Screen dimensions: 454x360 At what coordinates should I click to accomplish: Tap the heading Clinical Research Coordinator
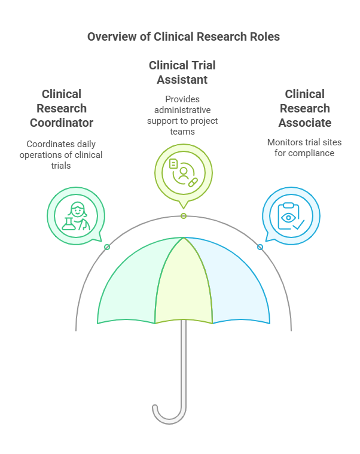(x=62, y=108)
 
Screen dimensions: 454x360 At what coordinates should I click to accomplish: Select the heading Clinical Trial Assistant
(x=182, y=72)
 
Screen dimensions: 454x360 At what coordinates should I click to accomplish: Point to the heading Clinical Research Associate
(x=304, y=108)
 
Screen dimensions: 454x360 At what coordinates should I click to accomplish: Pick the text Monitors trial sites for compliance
(x=304, y=148)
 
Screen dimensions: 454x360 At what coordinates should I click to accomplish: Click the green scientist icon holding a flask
(x=76, y=215)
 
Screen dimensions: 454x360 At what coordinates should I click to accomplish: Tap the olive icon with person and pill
(x=183, y=172)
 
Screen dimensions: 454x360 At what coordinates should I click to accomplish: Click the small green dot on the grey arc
(x=107, y=247)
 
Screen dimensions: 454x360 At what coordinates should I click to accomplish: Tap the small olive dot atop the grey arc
(x=184, y=216)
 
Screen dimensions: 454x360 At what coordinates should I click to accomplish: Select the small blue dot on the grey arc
(x=260, y=247)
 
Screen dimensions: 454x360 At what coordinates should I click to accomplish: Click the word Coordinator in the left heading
(x=62, y=123)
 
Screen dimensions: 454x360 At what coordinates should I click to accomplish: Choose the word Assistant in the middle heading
(x=182, y=79)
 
